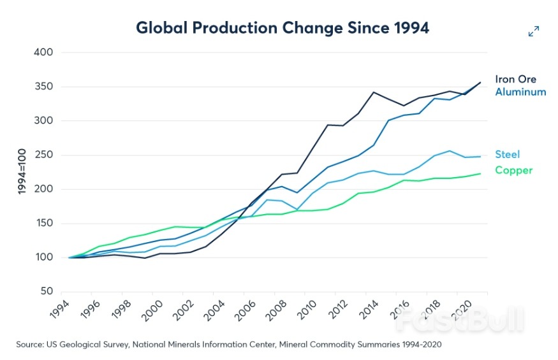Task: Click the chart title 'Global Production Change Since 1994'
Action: [283, 28]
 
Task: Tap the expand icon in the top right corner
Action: [534, 31]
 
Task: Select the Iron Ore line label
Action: [515, 80]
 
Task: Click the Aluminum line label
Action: [520, 92]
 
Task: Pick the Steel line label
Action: [507, 154]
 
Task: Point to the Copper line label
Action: [513, 170]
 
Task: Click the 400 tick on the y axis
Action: [43, 52]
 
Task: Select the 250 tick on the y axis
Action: [43, 155]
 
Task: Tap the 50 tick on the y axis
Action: [45, 292]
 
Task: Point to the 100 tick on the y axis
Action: [43, 257]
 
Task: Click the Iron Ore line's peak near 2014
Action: [374, 92]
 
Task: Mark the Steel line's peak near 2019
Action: [450, 151]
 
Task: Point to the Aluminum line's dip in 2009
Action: [296, 192]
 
